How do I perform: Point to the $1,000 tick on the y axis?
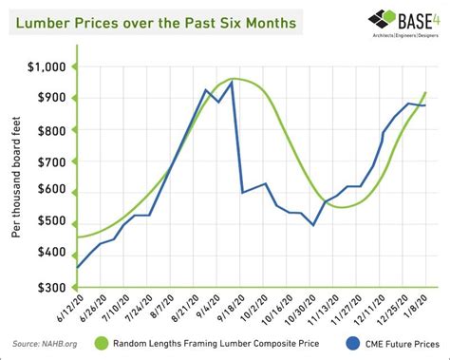47,67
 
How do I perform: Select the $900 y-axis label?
50,98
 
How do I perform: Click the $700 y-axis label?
50,160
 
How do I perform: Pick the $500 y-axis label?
50,221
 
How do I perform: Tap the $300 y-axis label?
50,286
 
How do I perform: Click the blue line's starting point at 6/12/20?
77,268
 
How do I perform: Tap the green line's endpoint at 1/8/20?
425,92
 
